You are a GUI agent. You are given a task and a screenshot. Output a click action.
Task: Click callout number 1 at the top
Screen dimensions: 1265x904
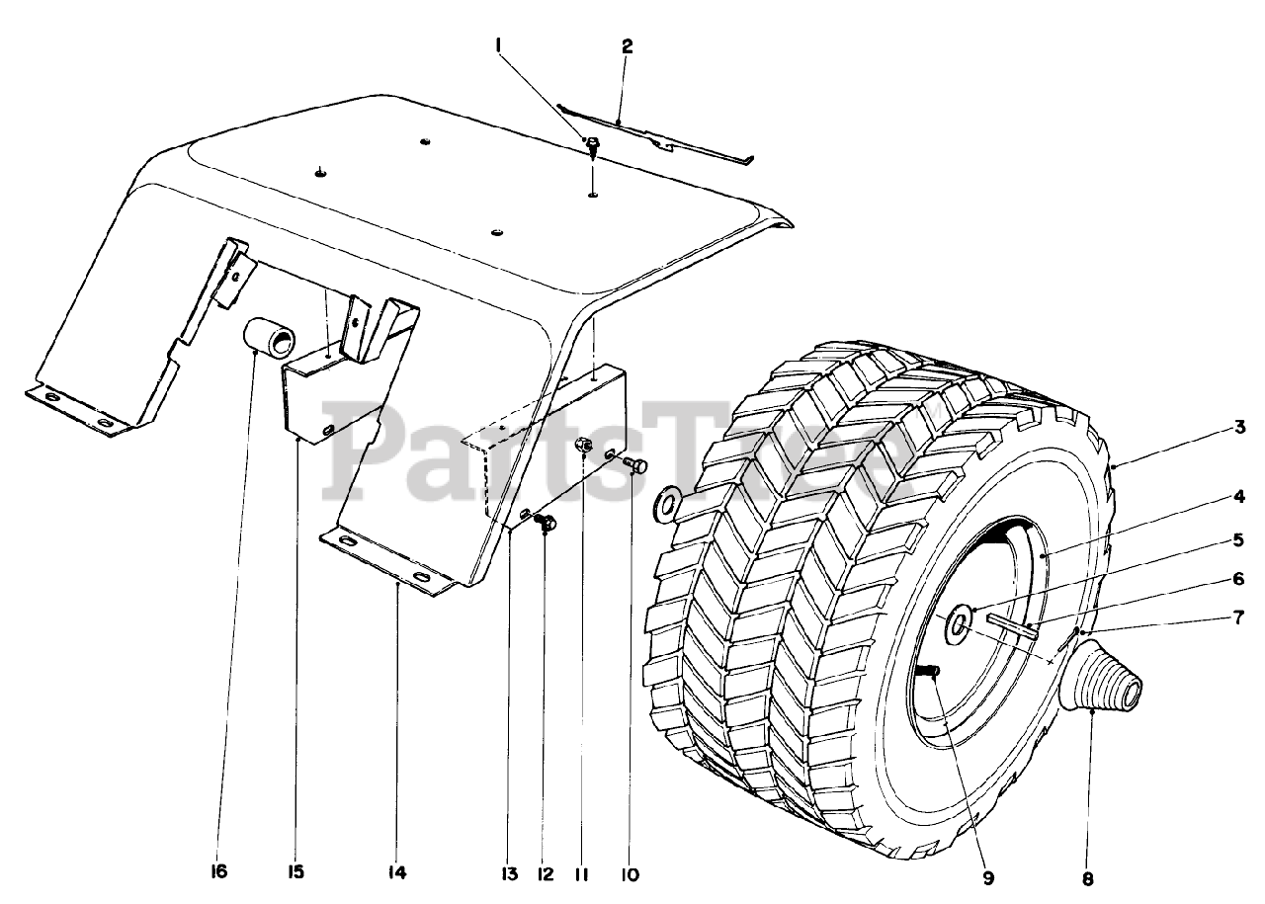(x=500, y=44)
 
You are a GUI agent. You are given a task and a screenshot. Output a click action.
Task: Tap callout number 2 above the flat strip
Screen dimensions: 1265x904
(x=627, y=45)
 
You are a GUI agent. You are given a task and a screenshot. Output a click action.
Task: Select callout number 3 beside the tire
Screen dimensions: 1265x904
(x=1238, y=428)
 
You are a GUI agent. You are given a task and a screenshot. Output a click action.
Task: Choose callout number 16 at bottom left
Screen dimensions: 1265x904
(x=218, y=872)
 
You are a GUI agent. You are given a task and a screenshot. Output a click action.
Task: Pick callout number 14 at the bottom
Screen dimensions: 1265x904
(x=397, y=873)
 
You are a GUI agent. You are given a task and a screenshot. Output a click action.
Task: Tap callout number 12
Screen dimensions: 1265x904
(x=545, y=873)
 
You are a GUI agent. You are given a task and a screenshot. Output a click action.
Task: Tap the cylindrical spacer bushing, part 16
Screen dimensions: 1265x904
(x=271, y=338)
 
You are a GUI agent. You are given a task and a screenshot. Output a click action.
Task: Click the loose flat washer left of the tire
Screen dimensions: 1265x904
(x=668, y=504)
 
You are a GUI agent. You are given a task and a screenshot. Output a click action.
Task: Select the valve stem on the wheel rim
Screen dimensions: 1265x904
(x=930, y=672)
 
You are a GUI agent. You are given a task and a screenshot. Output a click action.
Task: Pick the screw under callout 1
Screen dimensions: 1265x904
(x=592, y=149)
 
